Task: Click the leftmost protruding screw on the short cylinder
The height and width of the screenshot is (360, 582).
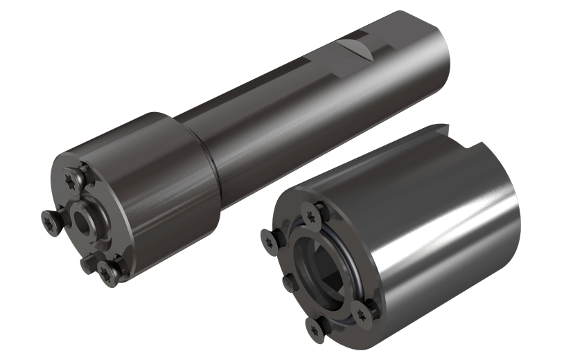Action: pyautogui.click(x=267, y=237)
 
